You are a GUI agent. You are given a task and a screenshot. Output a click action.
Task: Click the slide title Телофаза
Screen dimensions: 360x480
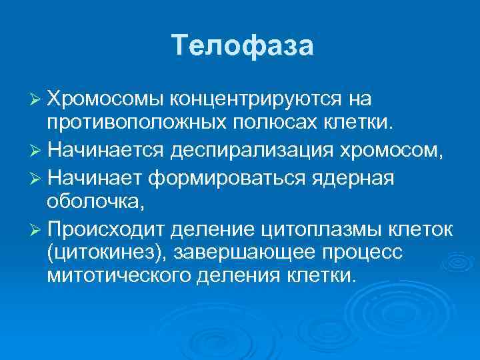pos(241,45)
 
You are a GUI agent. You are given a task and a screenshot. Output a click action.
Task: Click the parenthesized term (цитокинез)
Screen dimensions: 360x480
pos(99,253)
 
